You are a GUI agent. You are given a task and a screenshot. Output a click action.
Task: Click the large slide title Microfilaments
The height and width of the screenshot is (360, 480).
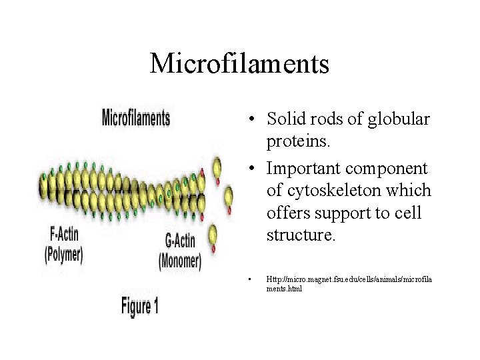pyautogui.click(x=239, y=63)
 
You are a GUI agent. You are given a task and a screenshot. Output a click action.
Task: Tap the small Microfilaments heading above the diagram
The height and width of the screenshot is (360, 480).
pyautogui.click(x=135, y=119)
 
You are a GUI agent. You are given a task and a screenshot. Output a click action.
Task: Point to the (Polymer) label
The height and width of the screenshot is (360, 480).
pyautogui.click(x=64, y=254)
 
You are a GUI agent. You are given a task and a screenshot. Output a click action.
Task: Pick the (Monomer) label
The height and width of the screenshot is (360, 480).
pyautogui.click(x=180, y=259)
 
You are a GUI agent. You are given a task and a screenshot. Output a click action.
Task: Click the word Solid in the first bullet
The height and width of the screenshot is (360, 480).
pyautogui.click(x=285, y=119)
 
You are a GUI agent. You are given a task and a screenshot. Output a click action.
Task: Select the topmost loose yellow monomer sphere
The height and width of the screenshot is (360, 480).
pyautogui.click(x=215, y=165)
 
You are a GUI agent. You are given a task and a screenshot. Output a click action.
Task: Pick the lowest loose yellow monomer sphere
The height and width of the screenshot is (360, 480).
pyautogui.click(x=212, y=234)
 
